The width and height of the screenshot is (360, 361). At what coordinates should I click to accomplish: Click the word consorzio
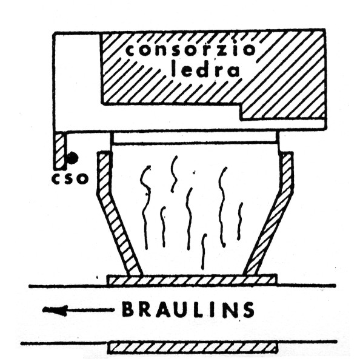point(191,50)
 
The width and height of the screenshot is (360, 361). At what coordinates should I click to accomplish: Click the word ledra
point(205,69)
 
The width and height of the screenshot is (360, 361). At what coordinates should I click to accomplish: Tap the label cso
point(70,178)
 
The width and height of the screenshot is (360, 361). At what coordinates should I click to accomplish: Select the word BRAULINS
point(188,309)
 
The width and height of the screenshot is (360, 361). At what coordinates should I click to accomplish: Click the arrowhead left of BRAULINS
point(55,310)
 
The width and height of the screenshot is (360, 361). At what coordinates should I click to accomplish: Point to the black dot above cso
point(73,158)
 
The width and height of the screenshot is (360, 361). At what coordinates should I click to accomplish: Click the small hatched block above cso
point(61,150)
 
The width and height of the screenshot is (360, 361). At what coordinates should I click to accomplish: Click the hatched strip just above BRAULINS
point(192,280)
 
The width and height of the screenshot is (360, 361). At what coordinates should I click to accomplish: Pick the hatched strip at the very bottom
point(193,348)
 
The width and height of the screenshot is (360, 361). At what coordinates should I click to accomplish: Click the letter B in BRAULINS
point(128,309)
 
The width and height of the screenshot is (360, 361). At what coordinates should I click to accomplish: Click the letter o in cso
point(83,178)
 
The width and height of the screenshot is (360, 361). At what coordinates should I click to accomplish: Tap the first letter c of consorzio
point(132,50)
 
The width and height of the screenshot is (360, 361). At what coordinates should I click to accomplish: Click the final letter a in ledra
point(233,71)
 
